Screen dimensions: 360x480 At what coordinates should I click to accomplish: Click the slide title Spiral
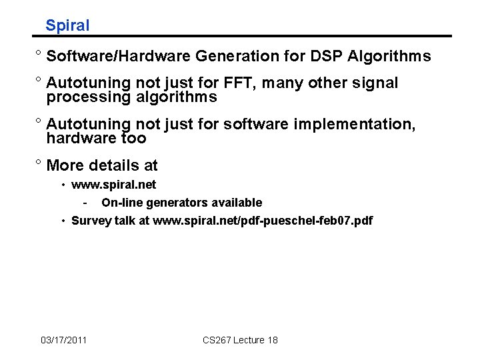coord(67,26)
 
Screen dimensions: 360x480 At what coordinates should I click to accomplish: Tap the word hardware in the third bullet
coord(78,139)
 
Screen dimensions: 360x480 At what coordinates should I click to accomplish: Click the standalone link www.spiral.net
coord(113,185)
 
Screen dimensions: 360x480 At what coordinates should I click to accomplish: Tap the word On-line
coord(120,203)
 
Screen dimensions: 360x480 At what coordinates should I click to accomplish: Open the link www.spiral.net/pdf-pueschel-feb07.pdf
coord(263,221)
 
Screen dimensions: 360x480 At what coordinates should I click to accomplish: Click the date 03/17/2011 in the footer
coord(63,341)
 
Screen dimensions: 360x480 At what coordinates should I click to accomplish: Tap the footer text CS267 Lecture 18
coord(240,341)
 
